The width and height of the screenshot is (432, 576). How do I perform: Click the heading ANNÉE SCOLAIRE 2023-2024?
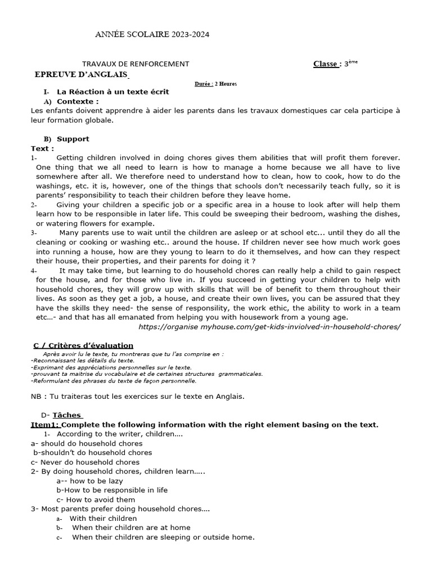click(x=152, y=35)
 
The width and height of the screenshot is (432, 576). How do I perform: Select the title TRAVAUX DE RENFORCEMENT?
click(x=136, y=64)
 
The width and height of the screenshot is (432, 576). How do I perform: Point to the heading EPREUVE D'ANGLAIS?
click(x=82, y=75)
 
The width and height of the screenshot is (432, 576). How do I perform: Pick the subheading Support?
click(x=73, y=139)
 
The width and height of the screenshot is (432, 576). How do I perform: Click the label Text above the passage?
click(x=42, y=148)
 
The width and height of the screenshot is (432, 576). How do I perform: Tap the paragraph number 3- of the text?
click(x=34, y=233)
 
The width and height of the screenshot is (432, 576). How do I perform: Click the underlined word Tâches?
click(x=70, y=415)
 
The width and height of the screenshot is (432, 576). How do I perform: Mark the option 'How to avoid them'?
click(x=96, y=499)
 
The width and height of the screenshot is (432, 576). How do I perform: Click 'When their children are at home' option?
click(x=131, y=528)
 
